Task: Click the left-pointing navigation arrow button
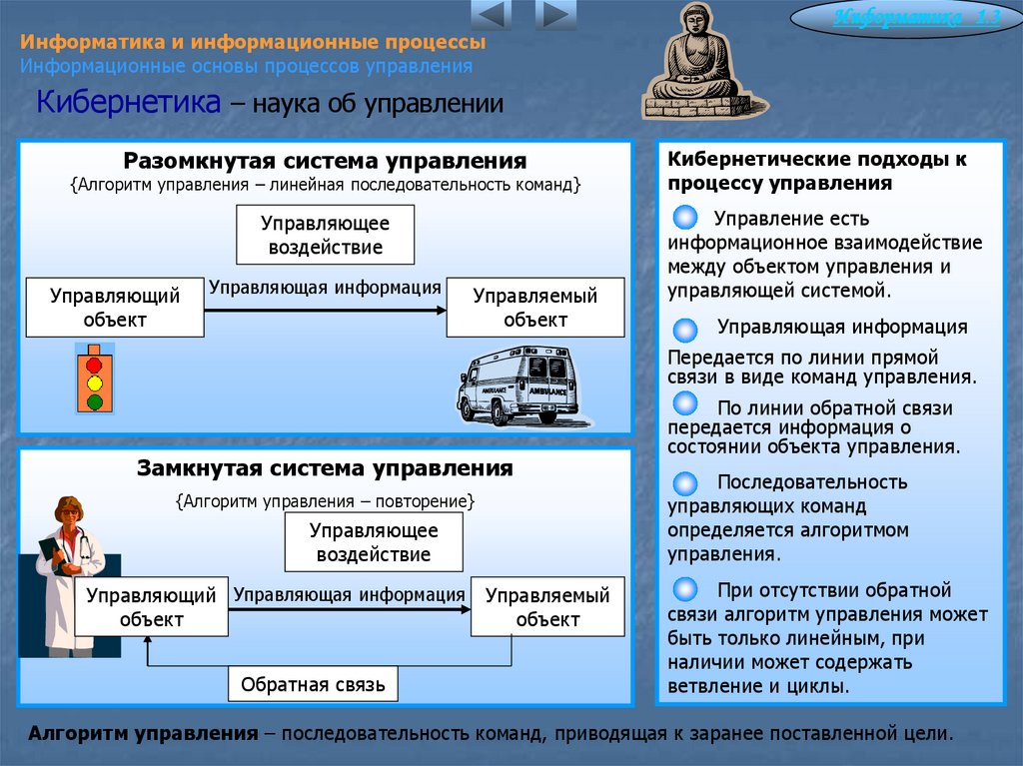pyautogui.click(x=491, y=15)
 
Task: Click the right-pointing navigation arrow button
pyautogui.click(x=556, y=15)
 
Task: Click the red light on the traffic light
pyautogui.click(x=95, y=365)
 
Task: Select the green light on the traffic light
pyautogui.click(x=95, y=401)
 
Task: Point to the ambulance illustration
pyautogui.click(x=517, y=385)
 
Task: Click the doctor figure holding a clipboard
pyautogui.click(x=69, y=574)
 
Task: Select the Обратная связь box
pyautogui.click(x=313, y=685)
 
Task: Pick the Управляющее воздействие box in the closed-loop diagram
pyautogui.click(x=374, y=542)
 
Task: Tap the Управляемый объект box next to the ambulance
pyautogui.click(x=535, y=308)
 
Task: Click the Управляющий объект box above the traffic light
pyautogui.click(x=115, y=308)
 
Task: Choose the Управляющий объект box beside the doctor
pyautogui.click(x=151, y=607)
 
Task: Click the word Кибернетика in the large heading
pyautogui.click(x=129, y=103)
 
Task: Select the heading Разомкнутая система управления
pyautogui.click(x=325, y=161)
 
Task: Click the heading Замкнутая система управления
pyautogui.click(x=325, y=468)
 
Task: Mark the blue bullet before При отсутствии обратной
pyautogui.click(x=686, y=589)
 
